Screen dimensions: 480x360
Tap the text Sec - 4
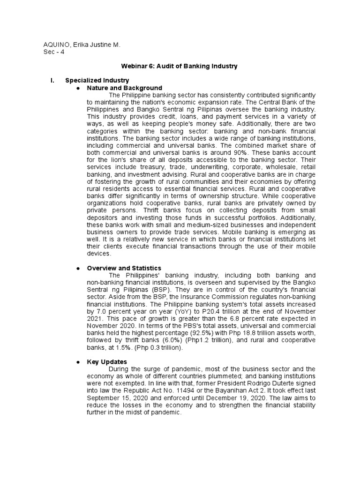click(x=54, y=52)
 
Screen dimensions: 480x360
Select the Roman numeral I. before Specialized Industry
click(x=52, y=81)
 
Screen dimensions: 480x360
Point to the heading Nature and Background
click(x=125, y=88)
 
